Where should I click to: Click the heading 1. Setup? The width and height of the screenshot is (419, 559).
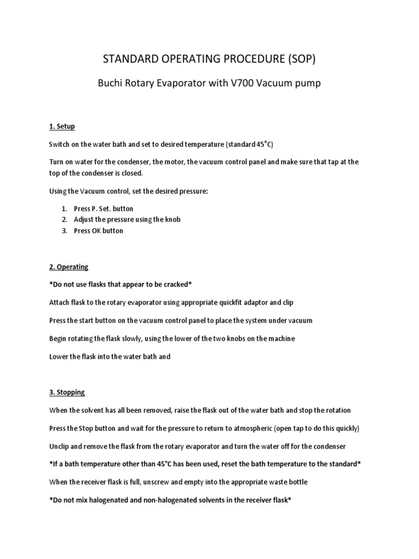pos(62,127)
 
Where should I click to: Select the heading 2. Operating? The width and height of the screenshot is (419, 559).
pos(69,267)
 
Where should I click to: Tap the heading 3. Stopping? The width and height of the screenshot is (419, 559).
pos(67,393)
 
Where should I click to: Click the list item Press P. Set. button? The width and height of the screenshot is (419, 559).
pos(104,209)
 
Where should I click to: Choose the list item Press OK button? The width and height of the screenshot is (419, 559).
pos(99,230)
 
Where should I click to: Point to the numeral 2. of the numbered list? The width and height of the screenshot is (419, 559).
pos(64,219)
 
